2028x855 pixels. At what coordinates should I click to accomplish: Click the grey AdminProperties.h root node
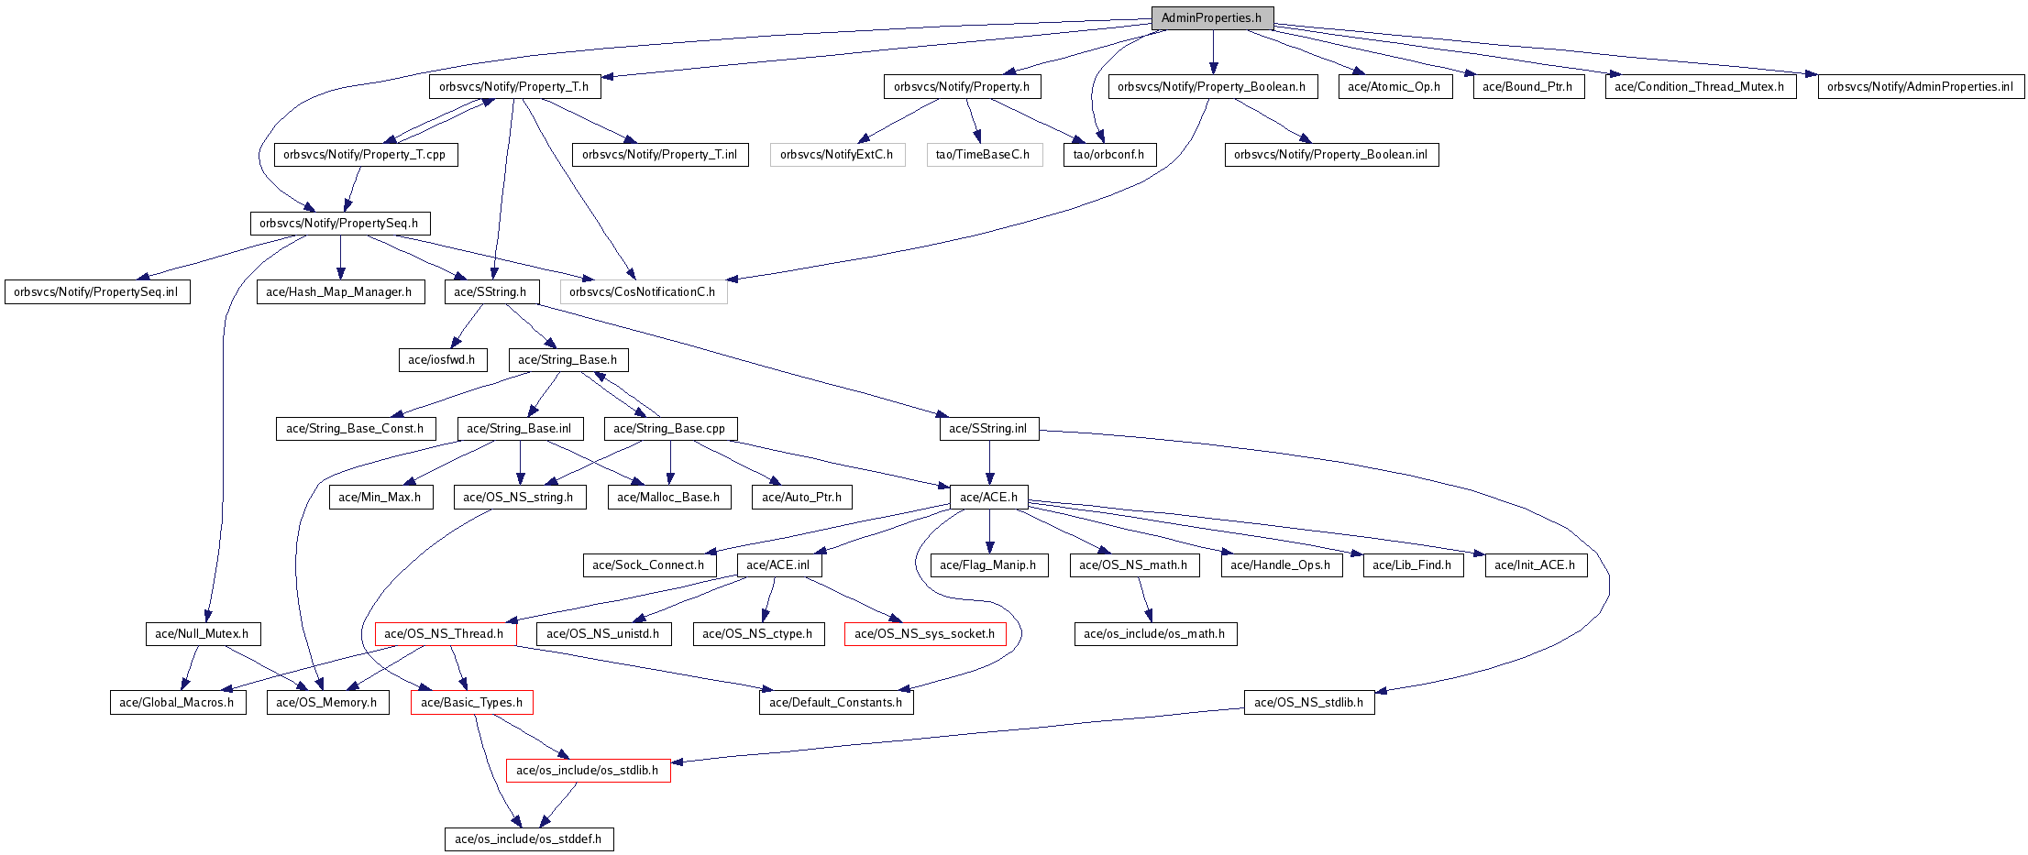pos(1211,18)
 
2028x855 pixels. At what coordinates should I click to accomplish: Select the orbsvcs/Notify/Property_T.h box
pos(513,87)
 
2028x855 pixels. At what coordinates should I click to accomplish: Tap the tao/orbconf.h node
pos(1108,155)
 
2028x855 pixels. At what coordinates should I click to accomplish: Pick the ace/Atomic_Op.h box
pos(1394,87)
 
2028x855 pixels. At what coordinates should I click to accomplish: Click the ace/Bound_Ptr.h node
pos(1527,87)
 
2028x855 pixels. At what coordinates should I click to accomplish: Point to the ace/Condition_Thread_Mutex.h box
pos(1699,87)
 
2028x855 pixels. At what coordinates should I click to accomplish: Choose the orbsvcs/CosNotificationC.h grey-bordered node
pos(643,292)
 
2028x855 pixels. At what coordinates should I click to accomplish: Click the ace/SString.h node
pos(490,292)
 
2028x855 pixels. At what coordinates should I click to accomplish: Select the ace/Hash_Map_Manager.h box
pos(339,292)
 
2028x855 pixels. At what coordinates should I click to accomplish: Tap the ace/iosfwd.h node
pos(441,360)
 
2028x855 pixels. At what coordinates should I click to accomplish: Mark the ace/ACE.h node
pos(988,498)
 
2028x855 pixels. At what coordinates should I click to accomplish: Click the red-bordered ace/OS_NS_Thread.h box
pos(445,634)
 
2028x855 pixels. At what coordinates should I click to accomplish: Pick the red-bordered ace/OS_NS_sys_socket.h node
pos(924,634)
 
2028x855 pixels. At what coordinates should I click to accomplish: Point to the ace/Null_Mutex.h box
pos(202,634)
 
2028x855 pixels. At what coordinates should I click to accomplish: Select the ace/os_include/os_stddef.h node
pos(528,839)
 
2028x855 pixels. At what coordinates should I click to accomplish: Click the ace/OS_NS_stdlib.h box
pos(1308,703)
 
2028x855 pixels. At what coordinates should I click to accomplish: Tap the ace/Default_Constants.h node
pos(835,703)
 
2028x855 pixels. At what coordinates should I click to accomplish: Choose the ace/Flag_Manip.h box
pos(987,565)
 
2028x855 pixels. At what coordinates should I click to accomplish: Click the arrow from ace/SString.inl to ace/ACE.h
pos(989,463)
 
